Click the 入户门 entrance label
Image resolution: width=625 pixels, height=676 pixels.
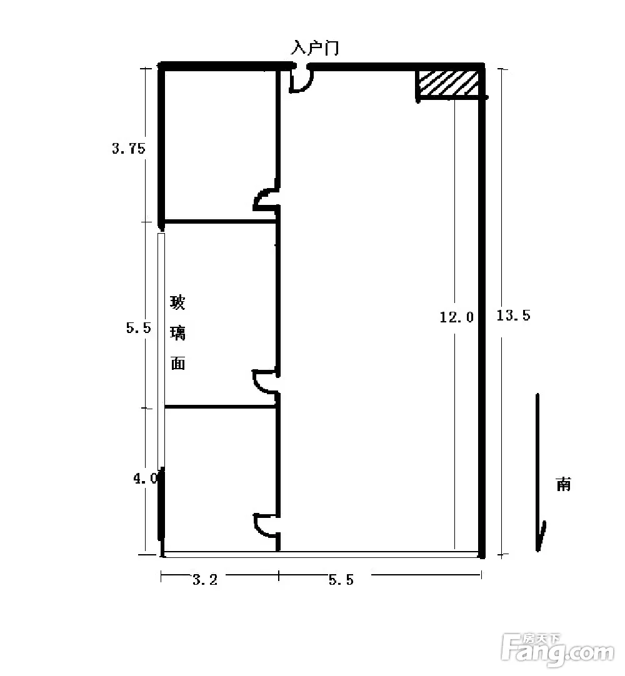(315, 47)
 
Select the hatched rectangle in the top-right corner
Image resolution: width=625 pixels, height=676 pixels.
(449, 84)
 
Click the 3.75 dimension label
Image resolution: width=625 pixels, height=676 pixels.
(129, 148)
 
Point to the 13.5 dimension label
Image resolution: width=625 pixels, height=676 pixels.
(513, 315)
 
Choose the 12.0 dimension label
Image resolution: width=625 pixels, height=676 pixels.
(456, 317)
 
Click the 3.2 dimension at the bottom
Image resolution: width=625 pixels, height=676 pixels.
(205, 580)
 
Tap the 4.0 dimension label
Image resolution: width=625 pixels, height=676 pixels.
(146, 479)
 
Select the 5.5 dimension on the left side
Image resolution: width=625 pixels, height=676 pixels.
(139, 327)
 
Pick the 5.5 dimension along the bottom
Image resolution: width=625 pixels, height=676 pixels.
(341, 580)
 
